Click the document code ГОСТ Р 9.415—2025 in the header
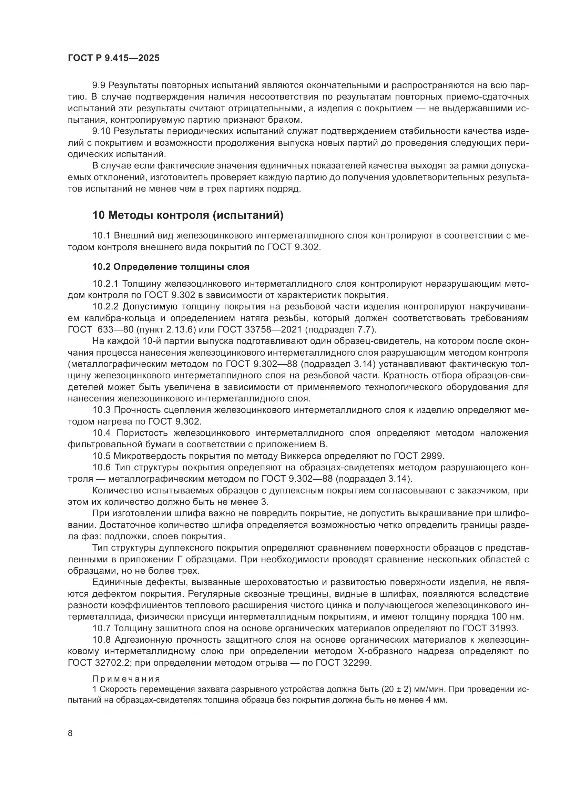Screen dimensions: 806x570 point(114,58)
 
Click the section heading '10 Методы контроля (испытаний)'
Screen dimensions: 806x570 point(188,215)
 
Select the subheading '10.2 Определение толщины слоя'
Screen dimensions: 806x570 point(171,267)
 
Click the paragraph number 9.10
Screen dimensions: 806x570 point(101,131)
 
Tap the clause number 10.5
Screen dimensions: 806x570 point(101,456)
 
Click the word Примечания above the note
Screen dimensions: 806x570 point(126,679)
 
